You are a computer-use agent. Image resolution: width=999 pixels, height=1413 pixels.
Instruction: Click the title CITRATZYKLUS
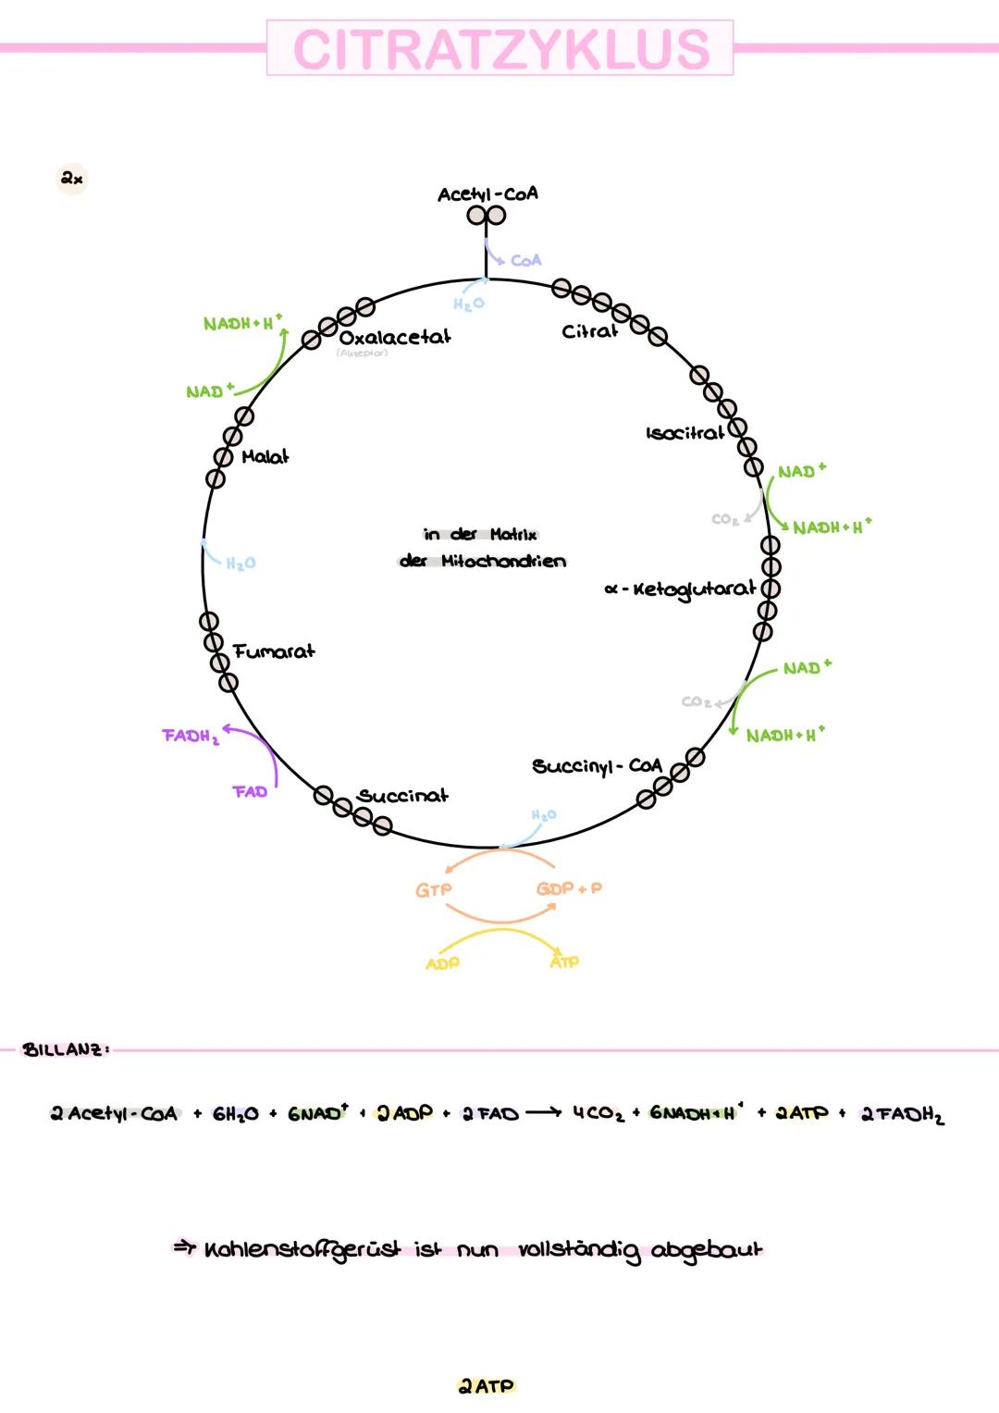(500, 49)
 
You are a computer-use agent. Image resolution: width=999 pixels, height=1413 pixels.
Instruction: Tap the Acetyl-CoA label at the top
(487, 194)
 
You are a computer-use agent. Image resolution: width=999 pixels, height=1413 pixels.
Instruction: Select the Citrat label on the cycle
(589, 331)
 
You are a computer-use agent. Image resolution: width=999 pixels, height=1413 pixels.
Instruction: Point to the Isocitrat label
(685, 433)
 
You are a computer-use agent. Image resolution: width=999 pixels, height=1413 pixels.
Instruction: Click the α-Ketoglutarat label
(681, 589)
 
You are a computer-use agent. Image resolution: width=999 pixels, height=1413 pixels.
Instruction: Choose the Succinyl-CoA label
(597, 766)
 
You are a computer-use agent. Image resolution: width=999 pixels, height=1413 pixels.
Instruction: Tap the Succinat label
(402, 796)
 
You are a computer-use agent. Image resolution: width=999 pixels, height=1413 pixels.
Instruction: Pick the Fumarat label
(274, 651)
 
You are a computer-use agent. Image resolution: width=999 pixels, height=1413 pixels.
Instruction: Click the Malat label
(265, 457)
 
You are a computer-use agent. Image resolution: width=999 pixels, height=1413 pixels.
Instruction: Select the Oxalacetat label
(395, 338)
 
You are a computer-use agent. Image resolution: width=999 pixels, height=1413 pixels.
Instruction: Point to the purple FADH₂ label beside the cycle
(191, 737)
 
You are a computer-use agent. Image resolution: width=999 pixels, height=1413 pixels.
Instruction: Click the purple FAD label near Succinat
(250, 792)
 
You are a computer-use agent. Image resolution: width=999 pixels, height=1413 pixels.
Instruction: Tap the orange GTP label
(433, 890)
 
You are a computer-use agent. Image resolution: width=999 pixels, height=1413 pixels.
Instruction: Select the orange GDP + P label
(569, 888)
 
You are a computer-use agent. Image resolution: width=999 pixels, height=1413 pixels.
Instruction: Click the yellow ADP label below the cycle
(442, 963)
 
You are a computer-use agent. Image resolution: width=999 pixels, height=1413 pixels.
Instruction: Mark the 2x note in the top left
(72, 178)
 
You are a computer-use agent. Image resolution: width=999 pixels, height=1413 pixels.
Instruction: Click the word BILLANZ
(66, 1049)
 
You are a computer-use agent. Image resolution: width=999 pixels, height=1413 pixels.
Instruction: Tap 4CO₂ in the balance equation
(598, 1113)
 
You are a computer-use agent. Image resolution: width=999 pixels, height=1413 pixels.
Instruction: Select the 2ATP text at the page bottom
(487, 1386)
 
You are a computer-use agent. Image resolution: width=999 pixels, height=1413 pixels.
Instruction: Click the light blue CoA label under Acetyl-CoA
(525, 261)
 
